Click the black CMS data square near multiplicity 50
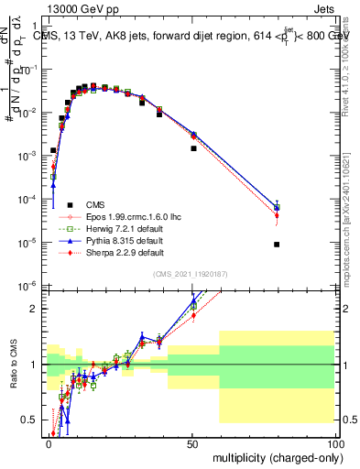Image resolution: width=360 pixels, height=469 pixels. tap(193, 148)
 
